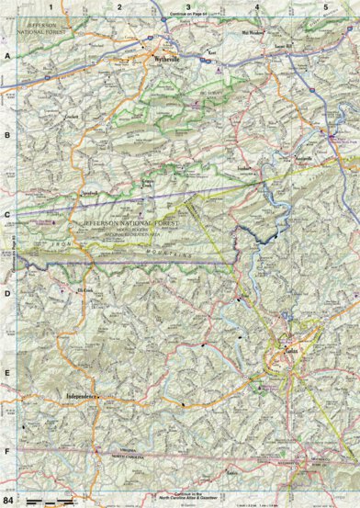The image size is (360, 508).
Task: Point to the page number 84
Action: pyautogui.click(x=9, y=500)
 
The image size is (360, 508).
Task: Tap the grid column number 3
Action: pyautogui.click(x=188, y=6)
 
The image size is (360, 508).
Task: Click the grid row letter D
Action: pyautogui.click(x=7, y=295)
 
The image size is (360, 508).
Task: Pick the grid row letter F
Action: pyautogui.click(x=7, y=453)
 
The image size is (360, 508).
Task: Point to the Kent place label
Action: pyautogui.click(x=211, y=52)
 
